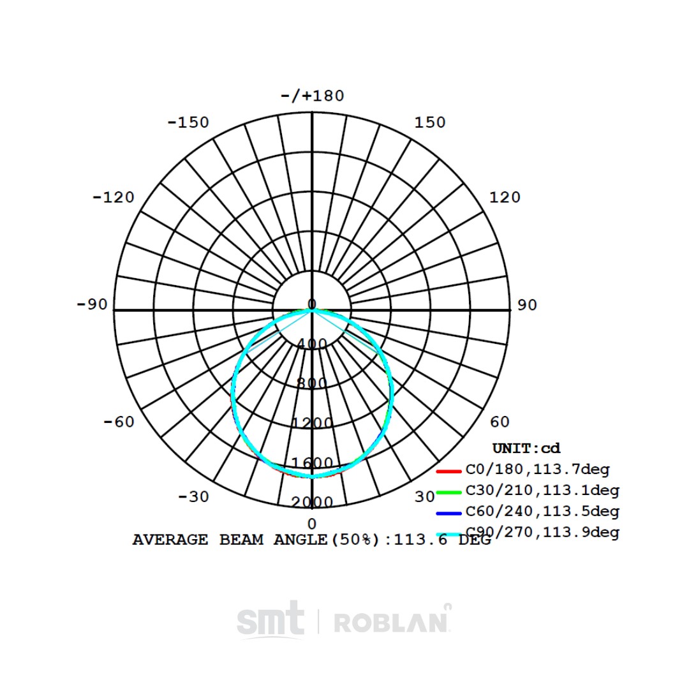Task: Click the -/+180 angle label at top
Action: [x=313, y=96]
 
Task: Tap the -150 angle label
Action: [x=188, y=122]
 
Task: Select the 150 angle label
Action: [x=430, y=122]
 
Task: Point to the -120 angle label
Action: [x=114, y=197]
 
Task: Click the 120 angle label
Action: [x=505, y=197]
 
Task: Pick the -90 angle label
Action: [x=93, y=304]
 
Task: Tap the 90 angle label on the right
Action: [x=528, y=305]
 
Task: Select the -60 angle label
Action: [x=119, y=422]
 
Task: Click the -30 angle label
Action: [x=194, y=497]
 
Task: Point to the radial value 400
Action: [x=313, y=344]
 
